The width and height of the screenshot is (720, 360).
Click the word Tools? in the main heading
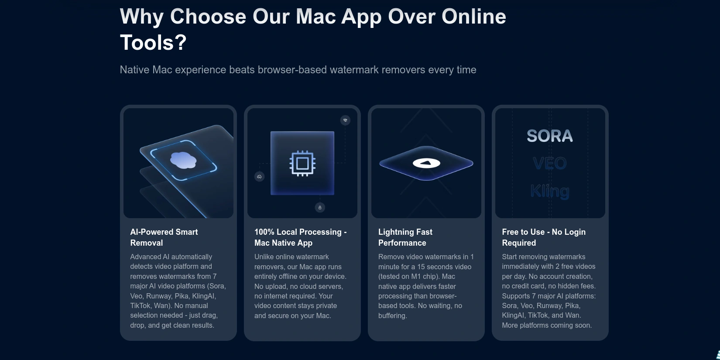(153, 42)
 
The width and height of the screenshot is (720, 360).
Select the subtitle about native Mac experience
(298, 70)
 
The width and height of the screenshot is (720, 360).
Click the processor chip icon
(302, 163)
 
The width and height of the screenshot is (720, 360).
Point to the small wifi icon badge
(345, 120)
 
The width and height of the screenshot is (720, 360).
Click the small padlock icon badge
(320, 208)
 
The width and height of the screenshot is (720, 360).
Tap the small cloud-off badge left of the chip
(259, 176)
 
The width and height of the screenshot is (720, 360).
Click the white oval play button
(426, 163)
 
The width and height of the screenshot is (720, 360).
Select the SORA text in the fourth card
(550, 136)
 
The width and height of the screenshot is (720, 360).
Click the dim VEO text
(550, 163)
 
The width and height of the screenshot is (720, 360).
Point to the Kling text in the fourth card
(550, 191)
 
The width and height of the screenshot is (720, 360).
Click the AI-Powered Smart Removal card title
(164, 237)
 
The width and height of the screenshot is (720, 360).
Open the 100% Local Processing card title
(301, 237)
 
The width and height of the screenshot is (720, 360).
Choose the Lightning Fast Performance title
(405, 237)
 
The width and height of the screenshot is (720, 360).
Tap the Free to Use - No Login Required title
(544, 237)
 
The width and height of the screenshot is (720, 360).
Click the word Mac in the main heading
(316, 17)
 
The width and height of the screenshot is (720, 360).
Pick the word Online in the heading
(474, 17)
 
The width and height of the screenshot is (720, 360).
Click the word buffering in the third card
(392, 315)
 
